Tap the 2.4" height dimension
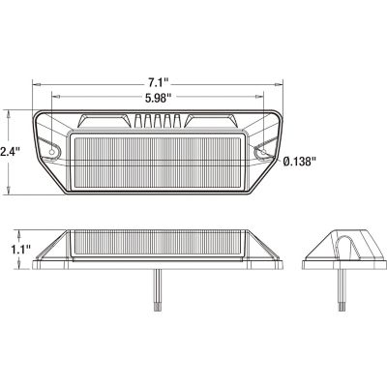coord(9,151)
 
